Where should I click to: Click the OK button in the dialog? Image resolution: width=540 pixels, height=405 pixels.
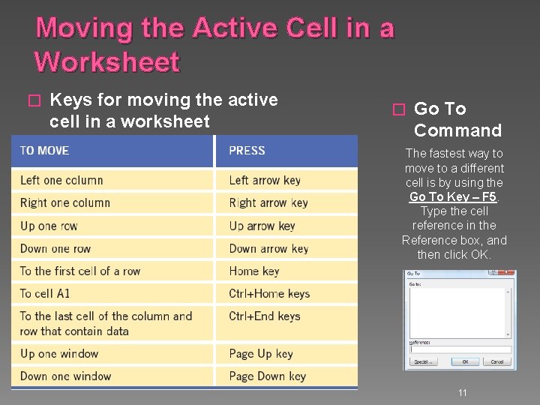[x=465, y=361]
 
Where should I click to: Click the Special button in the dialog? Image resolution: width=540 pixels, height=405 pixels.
[x=423, y=361]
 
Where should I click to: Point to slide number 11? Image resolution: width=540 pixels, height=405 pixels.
[x=463, y=392]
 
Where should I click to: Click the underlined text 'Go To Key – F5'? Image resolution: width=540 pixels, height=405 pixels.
[x=453, y=196]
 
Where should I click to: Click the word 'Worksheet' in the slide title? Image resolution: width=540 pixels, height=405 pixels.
[x=107, y=62]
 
